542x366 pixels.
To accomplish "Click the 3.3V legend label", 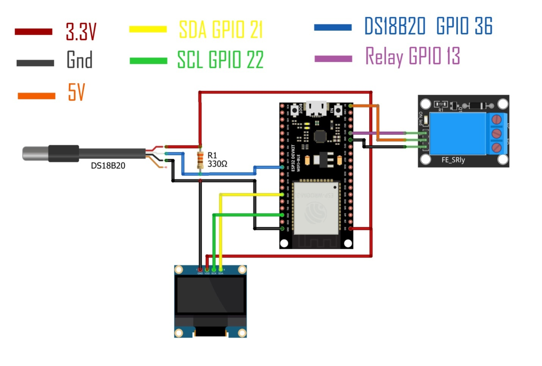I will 81,31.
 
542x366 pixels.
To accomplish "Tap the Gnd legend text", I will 79,60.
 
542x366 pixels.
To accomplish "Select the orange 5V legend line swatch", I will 36,96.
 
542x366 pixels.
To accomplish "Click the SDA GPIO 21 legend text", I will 221,30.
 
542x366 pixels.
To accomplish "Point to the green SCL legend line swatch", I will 148,61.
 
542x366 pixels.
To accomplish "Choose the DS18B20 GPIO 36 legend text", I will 428,27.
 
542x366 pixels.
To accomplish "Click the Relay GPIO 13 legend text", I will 412,56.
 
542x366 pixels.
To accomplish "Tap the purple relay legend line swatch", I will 333,59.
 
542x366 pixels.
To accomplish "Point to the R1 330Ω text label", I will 217,160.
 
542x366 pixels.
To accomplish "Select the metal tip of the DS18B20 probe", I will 35,153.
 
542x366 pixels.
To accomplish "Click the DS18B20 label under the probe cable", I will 108,166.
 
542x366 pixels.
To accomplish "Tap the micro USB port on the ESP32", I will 316,109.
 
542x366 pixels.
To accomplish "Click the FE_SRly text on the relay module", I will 453,160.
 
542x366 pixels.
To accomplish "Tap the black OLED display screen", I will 210,295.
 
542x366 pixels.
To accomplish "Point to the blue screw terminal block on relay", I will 497,133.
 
